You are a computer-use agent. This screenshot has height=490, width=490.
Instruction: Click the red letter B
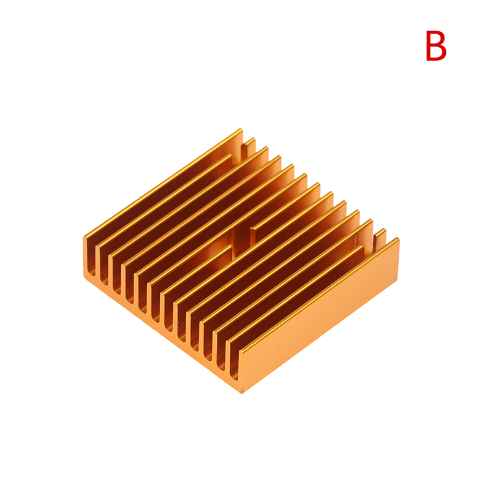(436, 45)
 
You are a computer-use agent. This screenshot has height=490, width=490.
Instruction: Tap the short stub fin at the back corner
(251, 146)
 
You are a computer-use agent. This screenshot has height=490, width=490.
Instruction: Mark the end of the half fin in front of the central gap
(231, 247)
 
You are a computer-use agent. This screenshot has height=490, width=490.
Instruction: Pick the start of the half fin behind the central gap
(253, 228)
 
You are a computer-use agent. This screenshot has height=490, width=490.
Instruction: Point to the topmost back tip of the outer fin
(241, 129)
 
